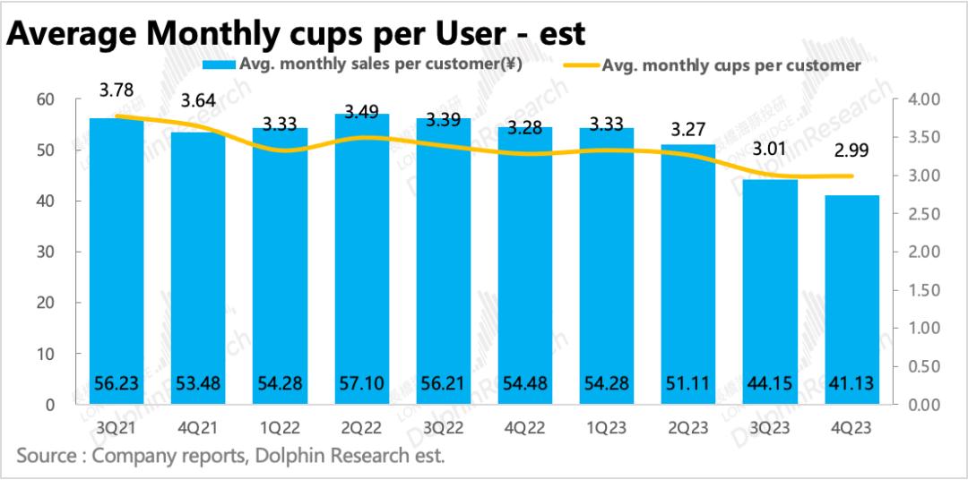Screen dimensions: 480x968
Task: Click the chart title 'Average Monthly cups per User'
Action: tap(297, 33)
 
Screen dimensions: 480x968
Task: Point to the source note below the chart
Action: tap(230, 456)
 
